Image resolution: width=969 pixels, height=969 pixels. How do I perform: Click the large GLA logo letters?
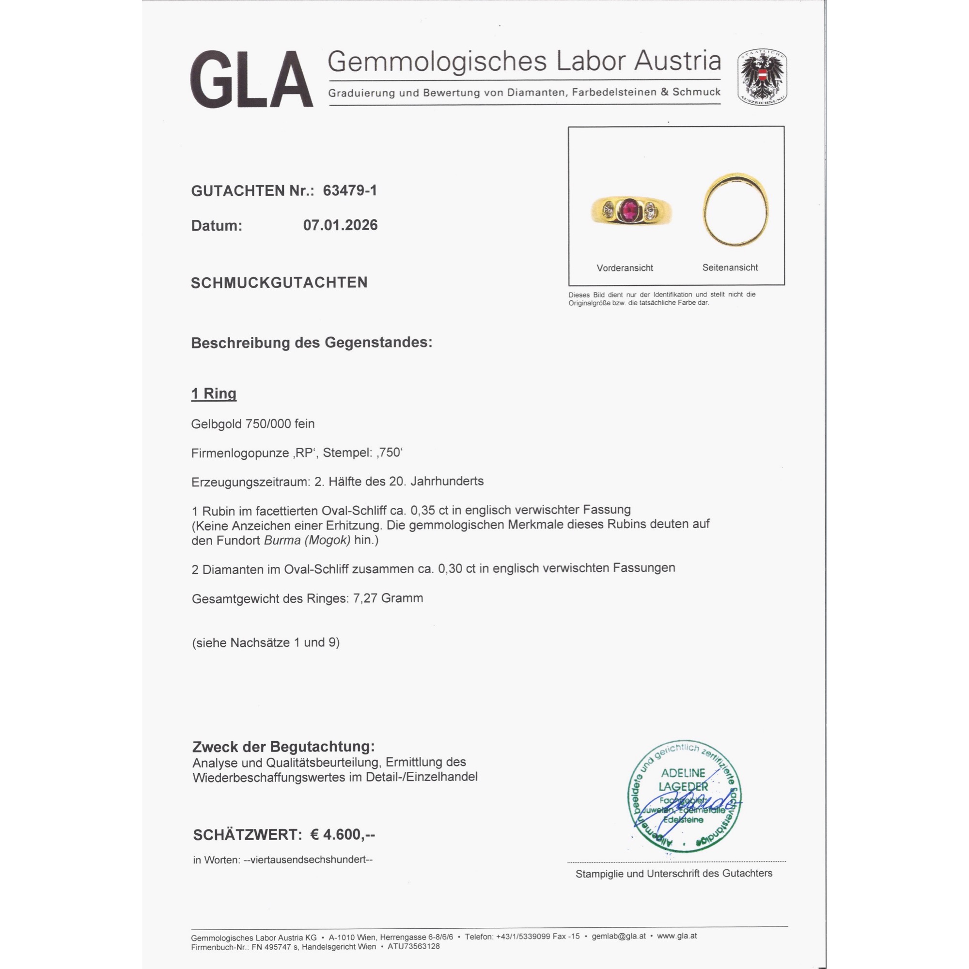(x=251, y=79)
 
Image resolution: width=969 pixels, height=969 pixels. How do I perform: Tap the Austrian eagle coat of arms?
(x=762, y=77)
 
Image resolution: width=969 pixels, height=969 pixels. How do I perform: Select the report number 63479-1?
(x=350, y=190)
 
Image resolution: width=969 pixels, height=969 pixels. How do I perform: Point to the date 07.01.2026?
(x=340, y=225)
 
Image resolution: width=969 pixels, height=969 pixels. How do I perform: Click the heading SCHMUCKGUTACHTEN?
(x=279, y=283)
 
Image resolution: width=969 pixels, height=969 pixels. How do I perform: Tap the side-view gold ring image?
(x=735, y=209)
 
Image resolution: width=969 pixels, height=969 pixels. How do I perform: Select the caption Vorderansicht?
(x=625, y=268)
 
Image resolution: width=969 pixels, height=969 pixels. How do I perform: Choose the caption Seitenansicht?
(x=730, y=267)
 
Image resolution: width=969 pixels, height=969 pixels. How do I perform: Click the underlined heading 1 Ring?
(x=214, y=394)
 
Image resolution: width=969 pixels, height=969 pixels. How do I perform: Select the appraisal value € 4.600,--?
(x=343, y=835)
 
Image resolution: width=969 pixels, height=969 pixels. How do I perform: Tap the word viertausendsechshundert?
(x=308, y=860)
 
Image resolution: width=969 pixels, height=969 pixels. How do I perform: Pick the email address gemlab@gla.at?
(x=618, y=936)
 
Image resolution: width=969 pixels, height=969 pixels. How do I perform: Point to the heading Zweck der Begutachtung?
(x=283, y=746)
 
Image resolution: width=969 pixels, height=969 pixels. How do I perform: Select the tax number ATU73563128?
(x=413, y=946)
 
